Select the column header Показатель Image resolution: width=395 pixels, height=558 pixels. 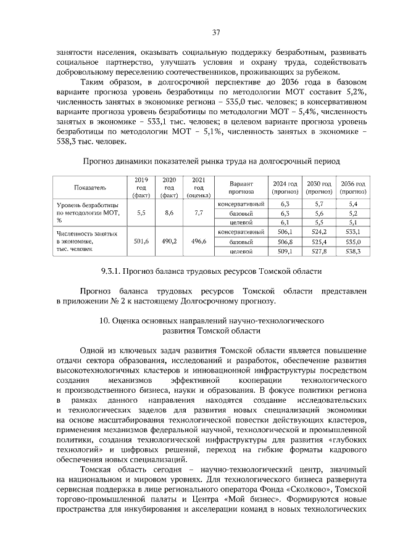coord(90,187)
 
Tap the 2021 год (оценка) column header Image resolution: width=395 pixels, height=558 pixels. coord(199,187)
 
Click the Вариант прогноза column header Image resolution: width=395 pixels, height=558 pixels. coord(241,187)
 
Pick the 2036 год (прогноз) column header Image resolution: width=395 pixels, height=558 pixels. coord(353,187)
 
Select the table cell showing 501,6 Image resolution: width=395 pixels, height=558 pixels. coord(141,242)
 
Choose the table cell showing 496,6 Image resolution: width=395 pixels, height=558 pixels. coord(199,242)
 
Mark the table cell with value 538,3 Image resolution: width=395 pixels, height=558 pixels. coord(353,252)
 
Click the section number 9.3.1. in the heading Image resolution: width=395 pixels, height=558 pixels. coord(111,271)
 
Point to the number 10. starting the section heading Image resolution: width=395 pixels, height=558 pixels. coord(104,321)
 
